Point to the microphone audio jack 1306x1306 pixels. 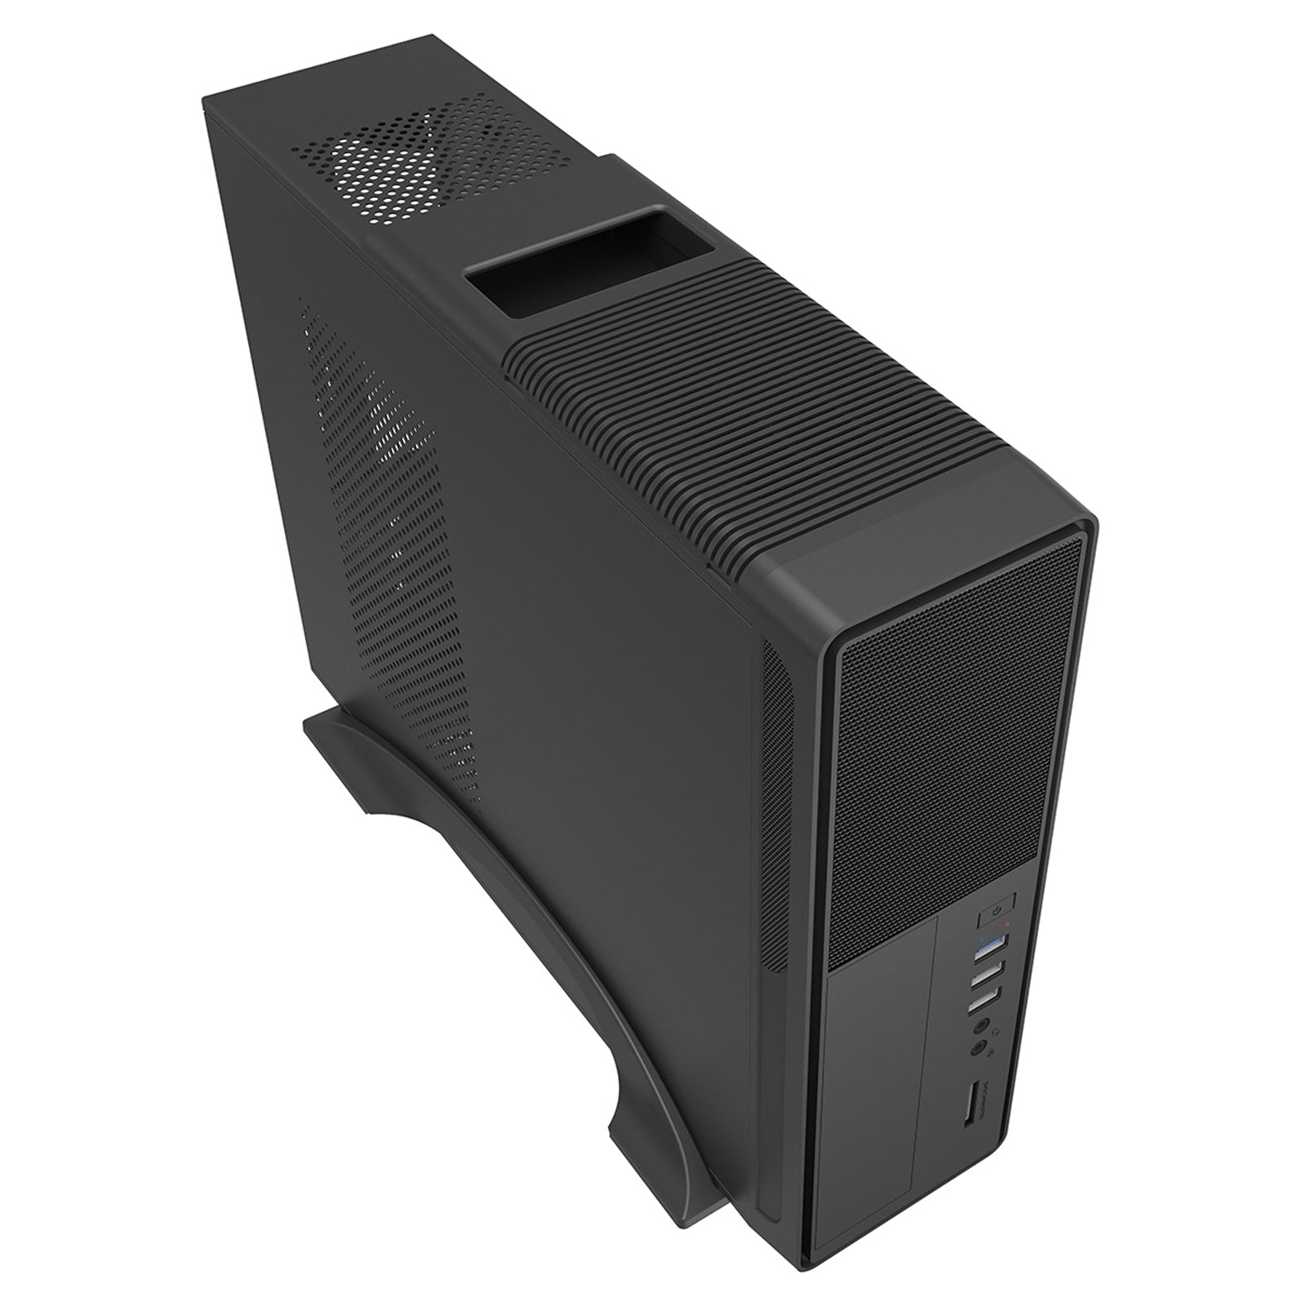point(979,1051)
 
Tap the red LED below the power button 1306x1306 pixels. point(1008,925)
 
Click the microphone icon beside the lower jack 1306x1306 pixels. point(991,1055)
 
